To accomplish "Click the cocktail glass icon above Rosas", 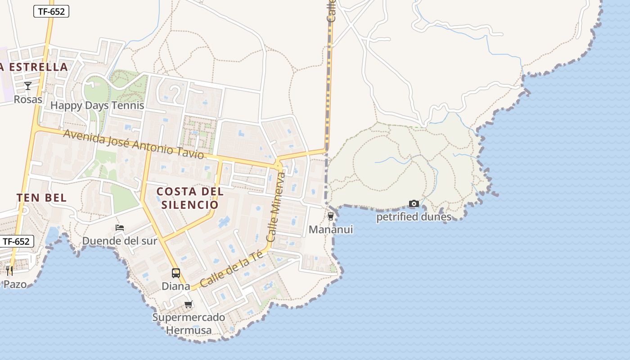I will click(28, 86).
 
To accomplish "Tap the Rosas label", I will click(28, 99).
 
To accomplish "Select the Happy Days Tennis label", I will click(97, 106).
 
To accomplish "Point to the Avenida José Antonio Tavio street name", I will click(134, 144).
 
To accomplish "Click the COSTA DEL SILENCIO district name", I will click(189, 198).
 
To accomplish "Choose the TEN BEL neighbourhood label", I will click(41, 198).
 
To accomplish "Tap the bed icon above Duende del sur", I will click(120, 228).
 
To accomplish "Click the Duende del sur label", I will click(120, 241).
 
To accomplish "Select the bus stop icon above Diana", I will click(176, 273).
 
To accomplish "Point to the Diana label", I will click(176, 286).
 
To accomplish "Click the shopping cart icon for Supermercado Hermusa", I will click(189, 305).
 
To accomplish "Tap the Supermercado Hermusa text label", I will click(189, 324).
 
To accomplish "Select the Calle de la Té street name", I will click(231, 270).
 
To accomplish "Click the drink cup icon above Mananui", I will click(331, 216).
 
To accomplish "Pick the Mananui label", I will click(331, 230).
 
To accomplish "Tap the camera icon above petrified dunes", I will click(414, 204).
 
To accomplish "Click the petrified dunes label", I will click(414, 217).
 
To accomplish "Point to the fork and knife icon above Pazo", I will click(9, 270).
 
